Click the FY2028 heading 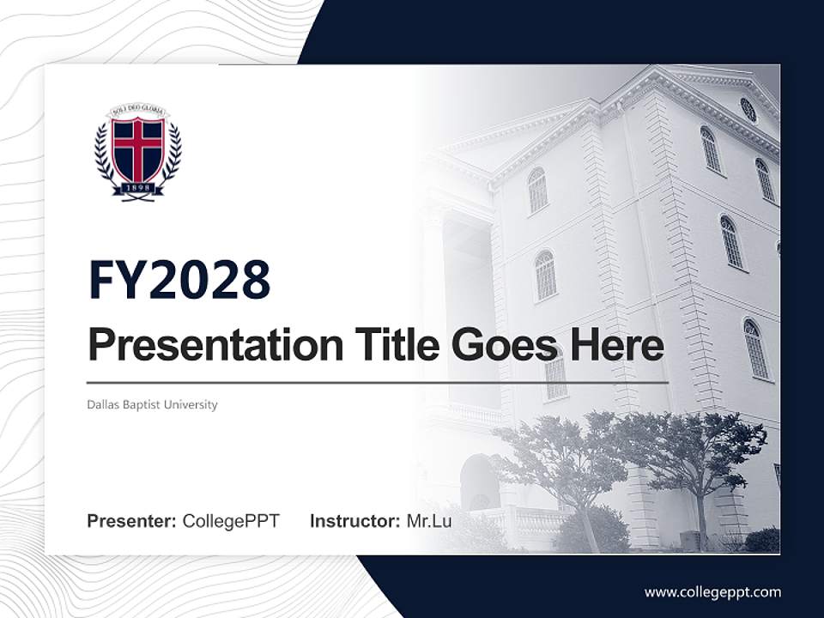pos(179,280)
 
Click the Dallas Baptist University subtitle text pos(152,404)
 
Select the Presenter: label pos(132,521)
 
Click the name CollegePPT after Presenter pos(231,521)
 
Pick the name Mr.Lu pos(428,521)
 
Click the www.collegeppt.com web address pos(712,591)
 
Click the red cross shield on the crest pos(138,148)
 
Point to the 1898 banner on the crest pos(138,188)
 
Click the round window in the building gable pos(748,109)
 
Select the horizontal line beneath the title pos(378,382)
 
